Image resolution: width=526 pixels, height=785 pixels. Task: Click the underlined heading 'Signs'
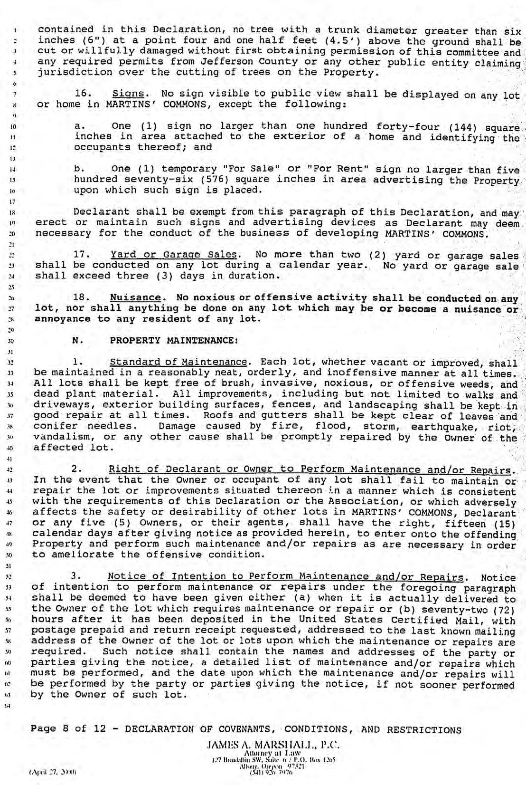[x=127, y=94]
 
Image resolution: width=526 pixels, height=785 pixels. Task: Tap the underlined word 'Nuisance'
[x=135, y=298]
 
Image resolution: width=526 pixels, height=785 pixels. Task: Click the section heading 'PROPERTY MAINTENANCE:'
[x=174, y=341]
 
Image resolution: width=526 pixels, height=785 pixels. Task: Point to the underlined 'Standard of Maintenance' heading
[x=178, y=362]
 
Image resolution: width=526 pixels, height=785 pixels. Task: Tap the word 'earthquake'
[x=441, y=427]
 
